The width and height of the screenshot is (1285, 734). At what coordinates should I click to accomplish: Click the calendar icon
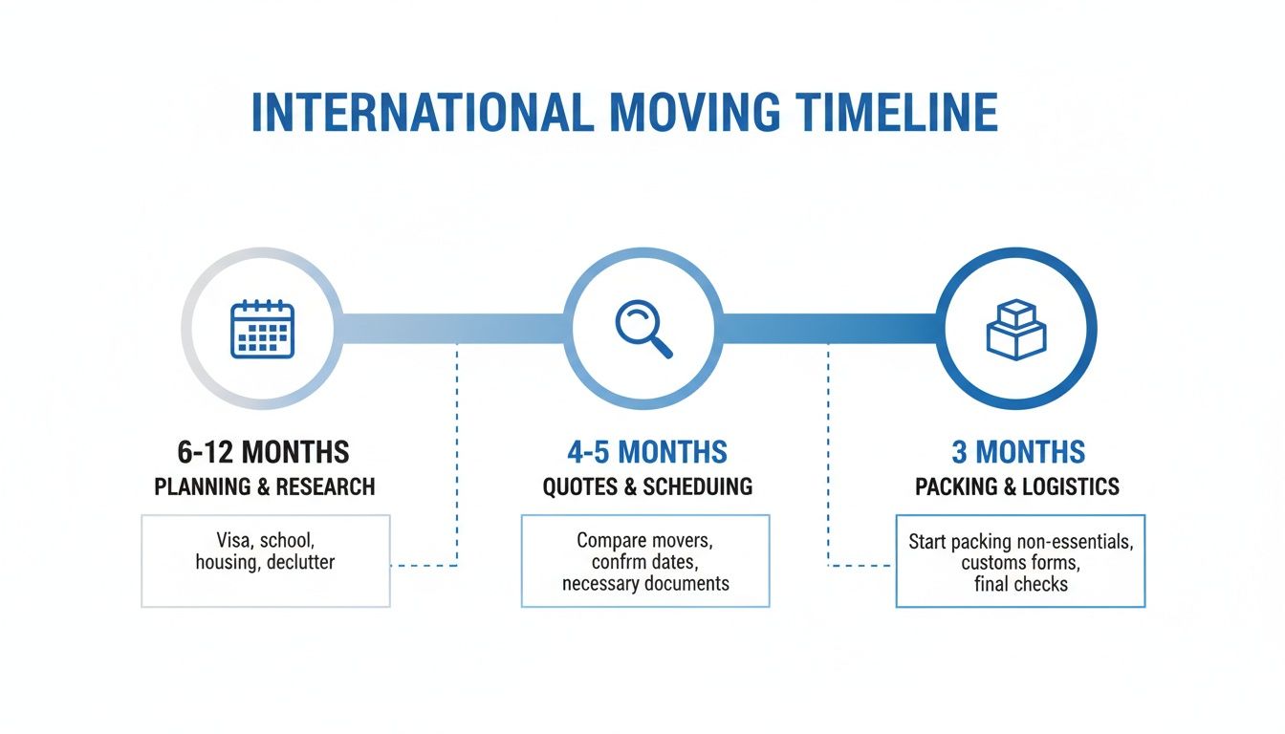point(263,329)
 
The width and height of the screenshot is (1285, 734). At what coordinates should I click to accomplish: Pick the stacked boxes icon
point(1015,329)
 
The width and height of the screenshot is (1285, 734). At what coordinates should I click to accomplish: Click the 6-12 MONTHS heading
point(263,451)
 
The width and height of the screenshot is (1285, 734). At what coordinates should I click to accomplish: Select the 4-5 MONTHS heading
point(647,451)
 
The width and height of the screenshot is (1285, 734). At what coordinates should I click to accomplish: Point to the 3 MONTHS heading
point(1018,451)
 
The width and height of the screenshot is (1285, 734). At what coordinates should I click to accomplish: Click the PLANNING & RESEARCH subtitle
point(264,486)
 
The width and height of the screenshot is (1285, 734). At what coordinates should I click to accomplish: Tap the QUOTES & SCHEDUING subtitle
point(647,486)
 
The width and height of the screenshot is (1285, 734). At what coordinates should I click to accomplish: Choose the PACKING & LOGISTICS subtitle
point(1017,486)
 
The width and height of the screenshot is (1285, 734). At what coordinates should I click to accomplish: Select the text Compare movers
point(645,540)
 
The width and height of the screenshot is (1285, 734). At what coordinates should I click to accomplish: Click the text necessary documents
point(645,583)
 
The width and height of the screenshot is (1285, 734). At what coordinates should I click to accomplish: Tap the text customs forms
point(1019,562)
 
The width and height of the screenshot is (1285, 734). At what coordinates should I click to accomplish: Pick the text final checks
point(1019,583)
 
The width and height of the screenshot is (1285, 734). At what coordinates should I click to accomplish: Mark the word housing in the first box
point(226,562)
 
